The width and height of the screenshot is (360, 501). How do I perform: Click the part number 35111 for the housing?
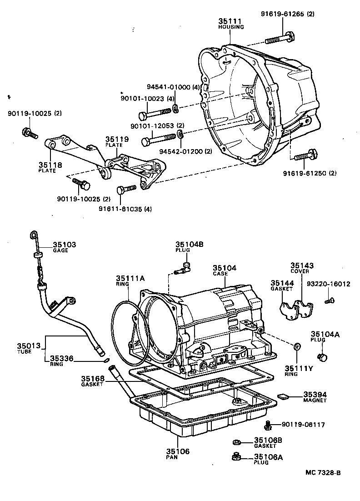point(230,21)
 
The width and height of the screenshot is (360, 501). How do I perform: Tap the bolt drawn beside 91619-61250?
point(305,156)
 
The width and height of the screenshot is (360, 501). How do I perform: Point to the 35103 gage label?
point(64,245)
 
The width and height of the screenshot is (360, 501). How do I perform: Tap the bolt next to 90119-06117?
point(268,425)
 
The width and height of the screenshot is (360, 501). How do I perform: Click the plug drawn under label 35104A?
point(322,357)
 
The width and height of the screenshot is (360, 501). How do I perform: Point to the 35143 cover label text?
point(302,266)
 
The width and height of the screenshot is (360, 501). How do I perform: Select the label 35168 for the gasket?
point(93,378)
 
